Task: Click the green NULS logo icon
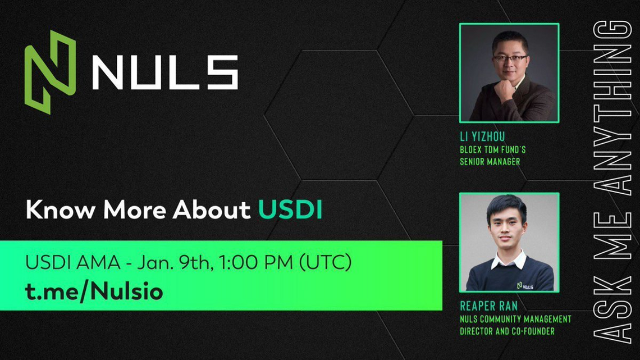50,72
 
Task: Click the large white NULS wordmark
165,72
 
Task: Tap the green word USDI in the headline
290,209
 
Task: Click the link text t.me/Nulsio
94,291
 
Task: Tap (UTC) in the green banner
325,262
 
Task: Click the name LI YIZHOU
482,136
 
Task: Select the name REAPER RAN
488,306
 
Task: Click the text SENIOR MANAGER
490,162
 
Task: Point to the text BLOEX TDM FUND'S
493,150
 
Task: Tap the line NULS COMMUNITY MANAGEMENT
515,319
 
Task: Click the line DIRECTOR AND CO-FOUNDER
507,331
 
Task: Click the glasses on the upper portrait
510,59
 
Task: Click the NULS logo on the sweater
525,286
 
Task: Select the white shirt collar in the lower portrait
509,261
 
